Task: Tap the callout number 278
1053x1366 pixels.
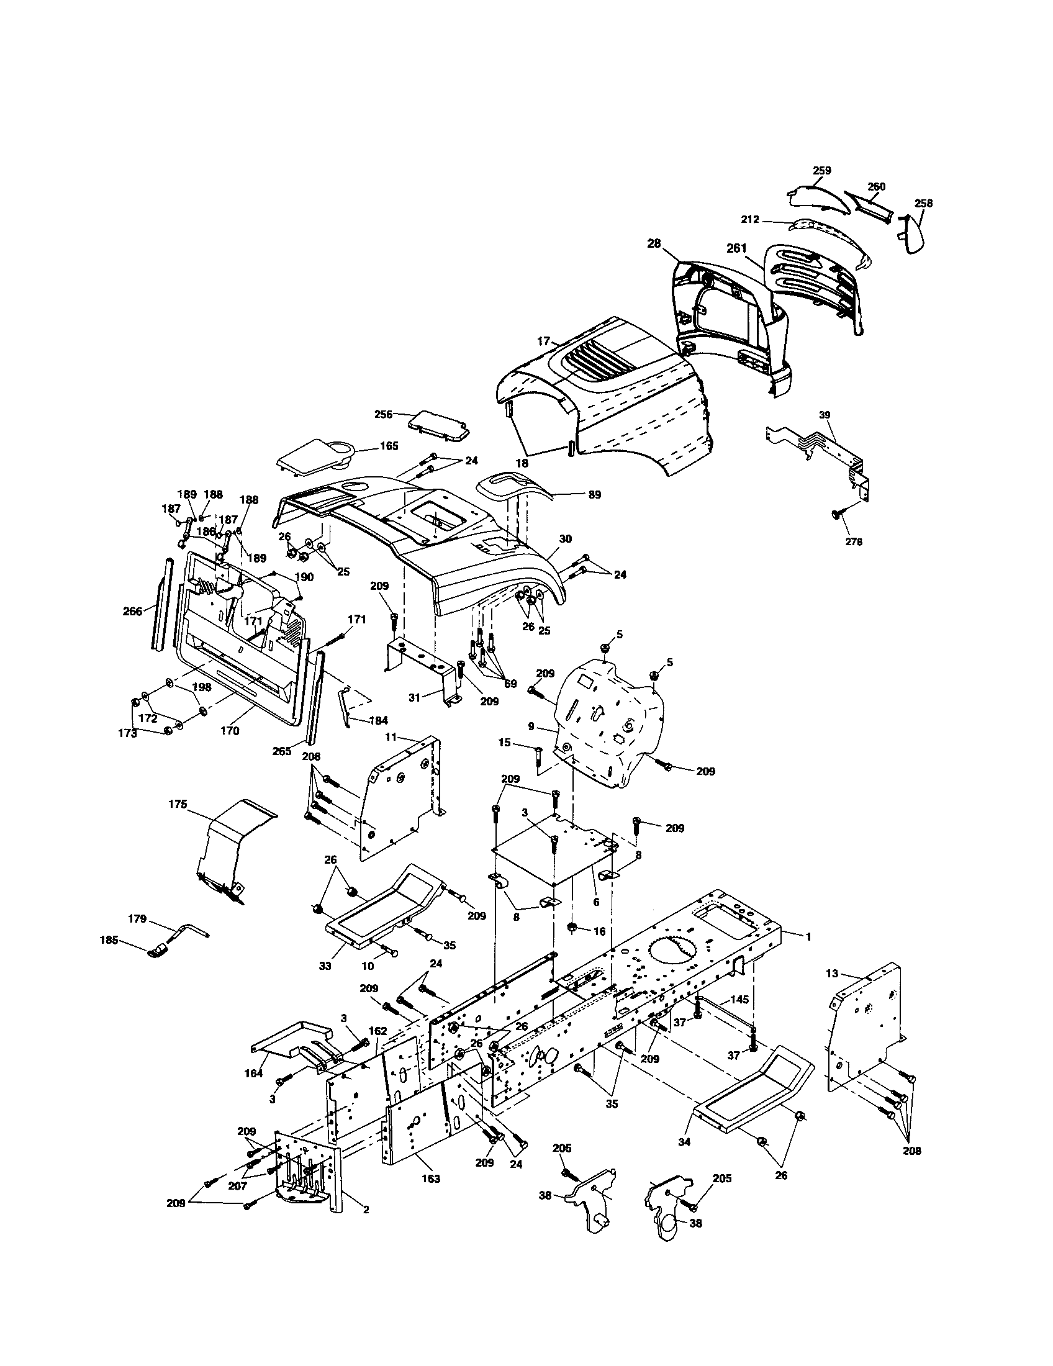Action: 853,542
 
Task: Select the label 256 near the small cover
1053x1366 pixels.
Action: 383,414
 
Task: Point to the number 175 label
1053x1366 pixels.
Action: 178,804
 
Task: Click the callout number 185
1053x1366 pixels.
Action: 109,939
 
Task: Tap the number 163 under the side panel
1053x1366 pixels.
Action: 430,1178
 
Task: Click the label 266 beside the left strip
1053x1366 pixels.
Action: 133,612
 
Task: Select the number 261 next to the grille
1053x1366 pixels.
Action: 736,248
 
